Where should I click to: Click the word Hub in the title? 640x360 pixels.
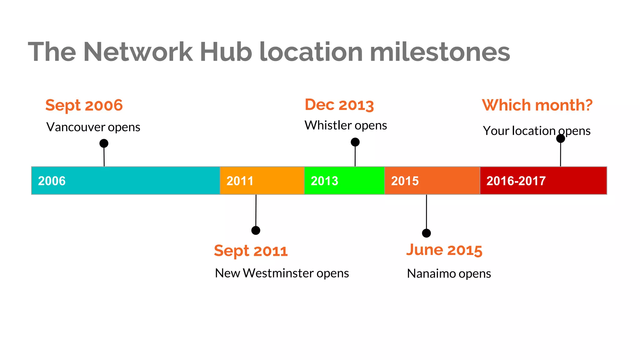pyautogui.click(x=226, y=52)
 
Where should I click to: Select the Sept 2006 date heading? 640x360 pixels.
pyautogui.click(x=84, y=105)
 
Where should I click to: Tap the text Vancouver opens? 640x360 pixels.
pyautogui.click(x=93, y=127)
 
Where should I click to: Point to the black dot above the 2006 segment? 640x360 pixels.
pyautogui.click(x=104, y=143)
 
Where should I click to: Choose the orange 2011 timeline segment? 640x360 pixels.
pyautogui.click(x=262, y=181)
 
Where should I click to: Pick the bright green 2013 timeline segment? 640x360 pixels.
pyautogui.click(x=344, y=181)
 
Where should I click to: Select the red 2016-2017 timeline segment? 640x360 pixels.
pyautogui.click(x=543, y=181)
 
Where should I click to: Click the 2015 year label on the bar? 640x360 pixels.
pyautogui.click(x=405, y=181)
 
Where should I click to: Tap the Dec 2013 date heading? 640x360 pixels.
pyautogui.click(x=339, y=105)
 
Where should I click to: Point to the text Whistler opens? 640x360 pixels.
pyautogui.click(x=346, y=125)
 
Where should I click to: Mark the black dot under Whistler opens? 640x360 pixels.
pyautogui.click(x=355, y=142)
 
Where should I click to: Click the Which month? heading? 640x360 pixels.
pyautogui.click(x=537, y=105)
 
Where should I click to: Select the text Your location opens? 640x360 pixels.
pyautogui.click(x=537, y=131)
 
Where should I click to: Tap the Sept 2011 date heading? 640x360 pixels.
pyautogui.click(x=251, y=251)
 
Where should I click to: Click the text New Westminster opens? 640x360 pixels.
pyautogui.click(x=282, y=273)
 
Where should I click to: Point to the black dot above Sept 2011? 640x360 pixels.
pyautogui.click(x=256, y=231)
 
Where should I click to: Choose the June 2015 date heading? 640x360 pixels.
pyautogui.click(x=444, y=250)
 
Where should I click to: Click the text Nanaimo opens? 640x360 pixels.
pyautogui.click(x=449, y=274)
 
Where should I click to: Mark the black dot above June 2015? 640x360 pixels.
pyautogui.click(x=426, y=233)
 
